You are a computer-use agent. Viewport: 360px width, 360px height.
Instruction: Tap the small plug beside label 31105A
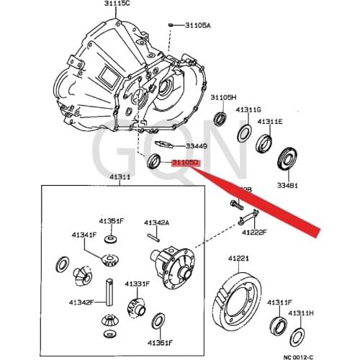[x=172, y=24]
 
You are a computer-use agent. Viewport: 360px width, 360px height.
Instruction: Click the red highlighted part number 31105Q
[x=184, y=163]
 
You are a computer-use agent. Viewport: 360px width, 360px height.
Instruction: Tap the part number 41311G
[x=248, y=109]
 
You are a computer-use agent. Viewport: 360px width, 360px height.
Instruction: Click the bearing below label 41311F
[x=277, y=326]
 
